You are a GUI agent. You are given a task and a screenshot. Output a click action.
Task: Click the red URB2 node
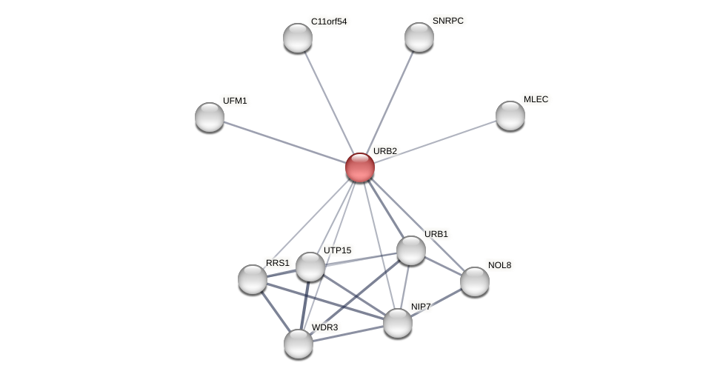pos(360,167)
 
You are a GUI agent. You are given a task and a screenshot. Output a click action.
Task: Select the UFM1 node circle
pos(210,117)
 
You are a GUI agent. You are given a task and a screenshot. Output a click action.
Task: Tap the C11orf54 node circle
pos(298,38)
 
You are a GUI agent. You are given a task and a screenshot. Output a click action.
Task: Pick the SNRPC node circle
pos(419,37)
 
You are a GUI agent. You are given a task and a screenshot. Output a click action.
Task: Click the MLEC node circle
pos(510,116)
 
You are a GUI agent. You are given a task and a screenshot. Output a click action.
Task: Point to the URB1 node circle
pos(411,250)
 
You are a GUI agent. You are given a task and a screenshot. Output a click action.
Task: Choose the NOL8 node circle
pos(475,281)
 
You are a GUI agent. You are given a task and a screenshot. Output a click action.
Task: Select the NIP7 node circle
pos(398,323)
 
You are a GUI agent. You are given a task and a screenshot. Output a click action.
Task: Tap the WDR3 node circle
pos(299,344)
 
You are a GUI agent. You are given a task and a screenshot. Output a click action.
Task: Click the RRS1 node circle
pos(253,279)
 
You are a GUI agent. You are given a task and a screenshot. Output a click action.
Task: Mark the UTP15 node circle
pos(310,267)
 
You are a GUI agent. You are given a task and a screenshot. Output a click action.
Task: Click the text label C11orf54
pos(329,21)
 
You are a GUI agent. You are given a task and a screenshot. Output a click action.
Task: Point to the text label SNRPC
pos(448,21)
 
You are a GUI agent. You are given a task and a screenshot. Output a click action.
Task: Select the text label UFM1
pos(235,101)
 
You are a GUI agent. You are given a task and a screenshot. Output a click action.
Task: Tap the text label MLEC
pos(536,99)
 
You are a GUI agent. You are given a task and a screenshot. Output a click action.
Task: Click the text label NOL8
pos(499,265)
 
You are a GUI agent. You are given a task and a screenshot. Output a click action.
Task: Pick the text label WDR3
pos(324,327)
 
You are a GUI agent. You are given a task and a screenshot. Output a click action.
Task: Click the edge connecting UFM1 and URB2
pos(284,142)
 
